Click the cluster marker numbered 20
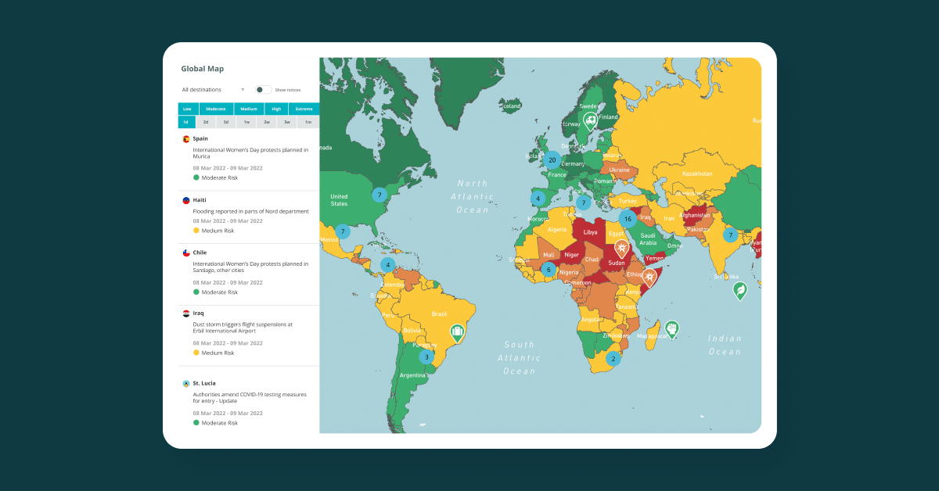click(x=552, y=160)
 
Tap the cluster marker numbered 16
click(x=627, y=219)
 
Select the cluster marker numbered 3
click(x=426, y=357)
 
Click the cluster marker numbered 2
click(x=613, y=359)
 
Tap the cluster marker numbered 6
click(x=549, y=270)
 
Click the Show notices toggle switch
click(x=264, y=90)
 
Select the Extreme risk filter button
click(x=304, y=109)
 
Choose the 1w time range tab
click(x=246, y=122)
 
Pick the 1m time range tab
click(x=308, y=122)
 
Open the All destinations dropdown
click(x=213, y=90)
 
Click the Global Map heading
click(x=203, y=69)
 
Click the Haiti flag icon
click(x=186, y=200)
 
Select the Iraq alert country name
click(x=199, y=314)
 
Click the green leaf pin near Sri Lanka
click(x=739, y=291)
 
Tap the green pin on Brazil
click(x=457, y=333)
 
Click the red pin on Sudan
click(x=621, y=249)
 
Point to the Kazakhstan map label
click(x=698, y=173)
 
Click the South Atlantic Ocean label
click(x=520, y=357)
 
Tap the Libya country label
click(x=590, y=232)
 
